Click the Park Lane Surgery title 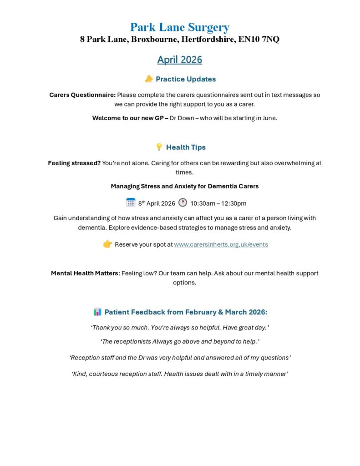(180, 27)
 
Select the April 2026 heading (180, 60)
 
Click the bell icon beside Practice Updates (149, 79)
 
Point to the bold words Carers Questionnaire (82, 95)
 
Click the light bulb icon (159, 147)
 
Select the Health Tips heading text (186, 147)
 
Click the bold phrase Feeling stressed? (74, 163)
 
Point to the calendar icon (131, 203)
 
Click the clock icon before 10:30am (183, 203)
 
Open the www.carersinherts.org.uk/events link (221, 244)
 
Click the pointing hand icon (107, 244)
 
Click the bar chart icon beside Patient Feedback (97, 312)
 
